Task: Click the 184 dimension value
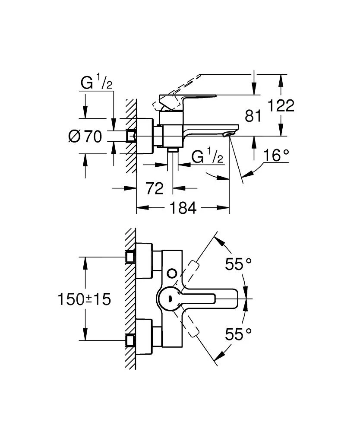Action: pyautogui.click(x=181, y=208)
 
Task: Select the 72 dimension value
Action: pyautogui.click(x=155, y=188)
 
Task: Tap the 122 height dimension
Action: pyautogui.click(x=281, y=105)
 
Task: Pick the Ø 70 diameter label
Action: pyautogui.click(x=85, y=137)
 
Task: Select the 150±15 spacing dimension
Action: pyautogui.click(x=85, y=299)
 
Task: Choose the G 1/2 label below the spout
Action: pyautogui.click(x=207, y=157)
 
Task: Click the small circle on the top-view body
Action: pyautogui.click(x=172, y=273)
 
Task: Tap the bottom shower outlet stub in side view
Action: pyautogui.click(x=173, y=149)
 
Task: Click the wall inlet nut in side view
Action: pyautogui.click(x=131, y=136)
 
